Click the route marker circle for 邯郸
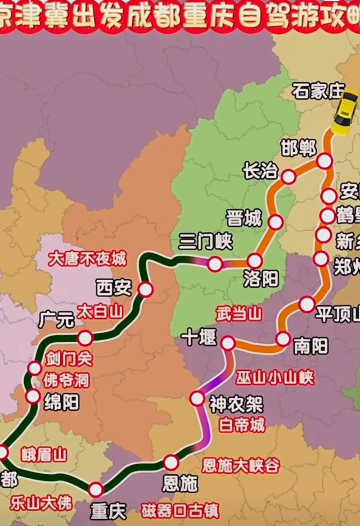324,161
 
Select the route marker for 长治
288,177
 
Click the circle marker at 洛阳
255,261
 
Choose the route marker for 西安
145,290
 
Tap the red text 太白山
99,312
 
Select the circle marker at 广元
85,337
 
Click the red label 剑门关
69,358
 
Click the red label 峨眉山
44,454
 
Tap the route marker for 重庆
96,489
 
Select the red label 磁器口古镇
180,511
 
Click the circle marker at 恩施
171,463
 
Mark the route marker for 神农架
197,398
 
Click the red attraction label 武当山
238,314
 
